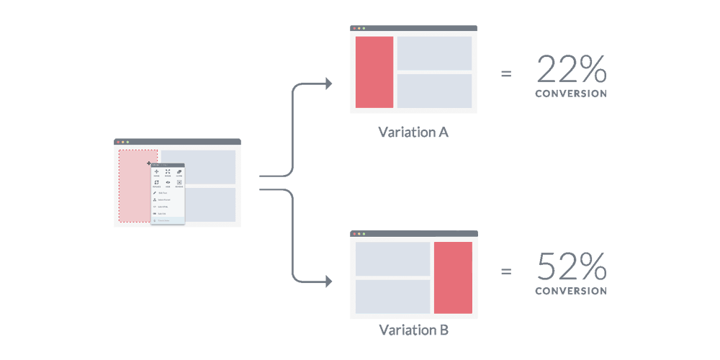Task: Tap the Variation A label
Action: tap(413, 132)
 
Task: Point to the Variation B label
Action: tap(413, 330)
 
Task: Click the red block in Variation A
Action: tap(374, 72)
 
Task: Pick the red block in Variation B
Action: tap(453, 277)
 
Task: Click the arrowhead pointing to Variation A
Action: tap(328, 84)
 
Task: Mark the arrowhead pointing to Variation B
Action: tap(328, 280)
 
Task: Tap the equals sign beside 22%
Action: tap(506, 73)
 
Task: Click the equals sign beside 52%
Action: tap(506, 271)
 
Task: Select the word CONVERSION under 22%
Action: tap(571, 94)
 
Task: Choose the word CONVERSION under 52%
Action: tap(571, 291)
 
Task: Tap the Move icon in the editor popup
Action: tap(157, 173)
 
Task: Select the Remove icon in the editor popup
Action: tap(179, 184)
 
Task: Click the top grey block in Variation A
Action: tap(434, 53)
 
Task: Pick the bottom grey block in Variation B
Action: tap(392, 296)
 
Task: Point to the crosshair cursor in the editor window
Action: tap(149, 164)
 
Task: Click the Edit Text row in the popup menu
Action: tap(161, 194)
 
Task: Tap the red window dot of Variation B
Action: tap(354, 234)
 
